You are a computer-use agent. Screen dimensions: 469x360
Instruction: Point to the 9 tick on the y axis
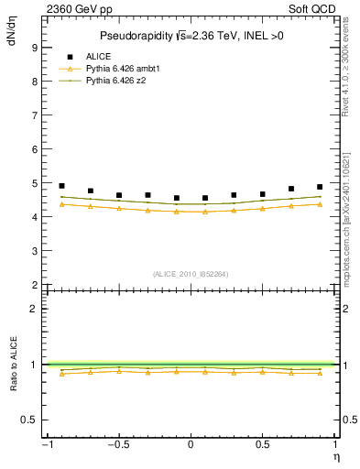click(x=33, y=47)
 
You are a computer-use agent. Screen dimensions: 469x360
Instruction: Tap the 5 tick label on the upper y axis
click(x=33, y=183)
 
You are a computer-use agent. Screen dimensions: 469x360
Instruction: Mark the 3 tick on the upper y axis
click(x=33, y=251)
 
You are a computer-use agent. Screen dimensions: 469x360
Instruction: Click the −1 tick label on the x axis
click(x=46, y=445)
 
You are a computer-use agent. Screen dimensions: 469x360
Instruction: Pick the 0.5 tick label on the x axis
click(x=262, y=445)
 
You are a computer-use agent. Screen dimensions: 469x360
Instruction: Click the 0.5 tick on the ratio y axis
click(x=29, y=420)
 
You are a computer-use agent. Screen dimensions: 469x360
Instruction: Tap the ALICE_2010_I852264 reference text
click(x=190, y=274)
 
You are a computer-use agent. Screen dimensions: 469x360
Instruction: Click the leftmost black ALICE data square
click(x=61, y=186)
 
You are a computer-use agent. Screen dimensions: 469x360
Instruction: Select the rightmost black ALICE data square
click(x=320, y=187)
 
